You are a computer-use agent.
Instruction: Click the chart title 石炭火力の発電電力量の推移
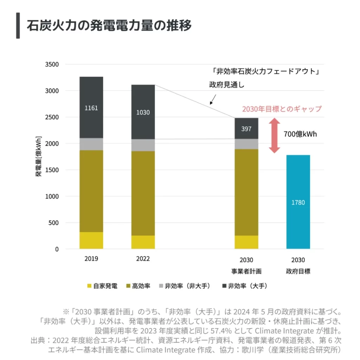[109, 26]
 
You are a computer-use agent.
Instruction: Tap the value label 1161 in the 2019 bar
[91, 108]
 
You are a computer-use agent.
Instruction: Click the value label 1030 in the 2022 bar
[143, 112]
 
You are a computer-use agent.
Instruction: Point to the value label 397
[246, 129]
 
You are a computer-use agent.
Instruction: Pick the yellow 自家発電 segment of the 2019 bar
[91, 240]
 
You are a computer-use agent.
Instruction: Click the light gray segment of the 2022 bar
[143, 145]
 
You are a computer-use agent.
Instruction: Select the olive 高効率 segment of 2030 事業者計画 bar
[246, 192]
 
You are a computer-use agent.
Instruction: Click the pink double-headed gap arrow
[275, 136]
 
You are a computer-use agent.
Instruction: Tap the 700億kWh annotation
[300, 135]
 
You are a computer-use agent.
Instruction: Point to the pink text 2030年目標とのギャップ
[282, 109]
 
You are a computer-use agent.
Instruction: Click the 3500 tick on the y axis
[52, 65]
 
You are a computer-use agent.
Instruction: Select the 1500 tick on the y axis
[52, 170]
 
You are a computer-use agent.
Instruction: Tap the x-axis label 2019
[91, 259]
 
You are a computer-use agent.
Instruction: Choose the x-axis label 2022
[143, 259]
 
